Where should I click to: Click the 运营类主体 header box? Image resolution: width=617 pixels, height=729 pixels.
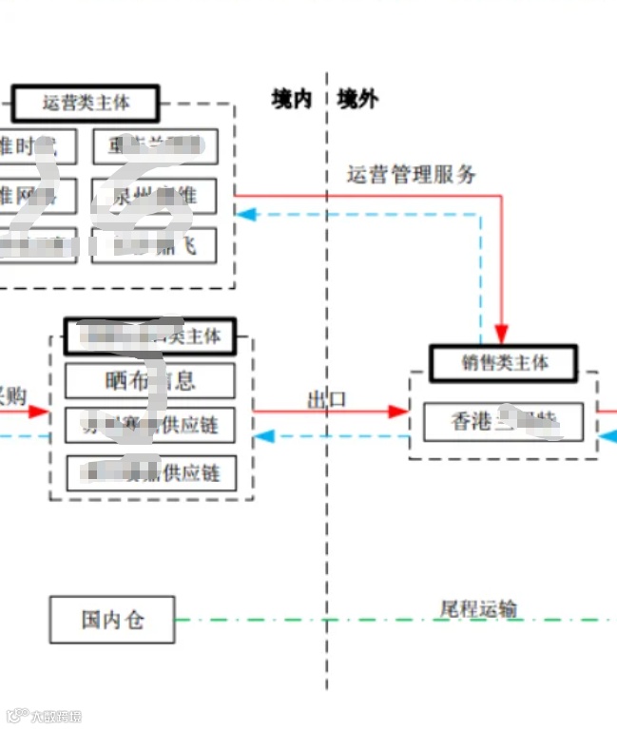point(86,103)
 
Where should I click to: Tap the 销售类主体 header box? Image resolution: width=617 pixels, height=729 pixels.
point(504,362)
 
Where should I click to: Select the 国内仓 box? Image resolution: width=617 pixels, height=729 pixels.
point(112,621)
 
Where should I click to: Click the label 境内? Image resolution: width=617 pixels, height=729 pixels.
point(291,99)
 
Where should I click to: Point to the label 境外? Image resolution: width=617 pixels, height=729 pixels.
point(357,99)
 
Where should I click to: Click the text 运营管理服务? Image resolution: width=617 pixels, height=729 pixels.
point(411,174)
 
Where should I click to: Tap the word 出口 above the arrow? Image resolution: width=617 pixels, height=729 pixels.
point(326,399)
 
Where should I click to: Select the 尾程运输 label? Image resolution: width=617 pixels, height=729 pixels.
point(478,608)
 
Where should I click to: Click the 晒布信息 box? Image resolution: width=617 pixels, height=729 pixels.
point(149,381)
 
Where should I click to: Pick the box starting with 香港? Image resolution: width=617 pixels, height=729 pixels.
point(503,422)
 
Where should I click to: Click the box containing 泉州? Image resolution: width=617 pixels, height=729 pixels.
point(154,196)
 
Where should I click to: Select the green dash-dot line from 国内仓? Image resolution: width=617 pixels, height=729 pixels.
point(380,621)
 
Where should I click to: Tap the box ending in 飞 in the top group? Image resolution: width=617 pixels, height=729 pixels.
point(154,245)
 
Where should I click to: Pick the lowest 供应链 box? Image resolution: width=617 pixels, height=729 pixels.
point(149,472)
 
